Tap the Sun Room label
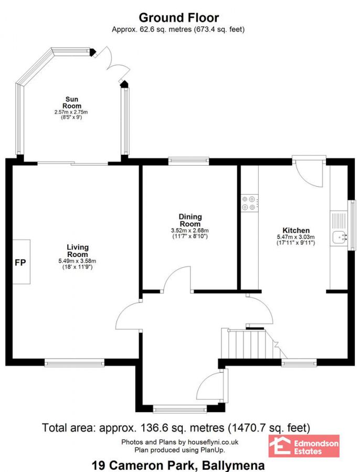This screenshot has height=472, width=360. coord(72,102)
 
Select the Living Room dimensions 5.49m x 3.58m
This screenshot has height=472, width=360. coord(77,261)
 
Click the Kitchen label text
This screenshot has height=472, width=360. coord(296,230)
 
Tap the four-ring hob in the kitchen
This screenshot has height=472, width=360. coord(249,203)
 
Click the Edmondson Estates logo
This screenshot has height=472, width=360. coord(304,446)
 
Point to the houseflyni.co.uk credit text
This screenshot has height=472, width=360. coord(179,442)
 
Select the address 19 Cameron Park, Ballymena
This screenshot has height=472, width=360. coord(178,465)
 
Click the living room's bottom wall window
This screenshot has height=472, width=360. coord(74,362)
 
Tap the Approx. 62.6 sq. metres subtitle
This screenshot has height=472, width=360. coord(178,30)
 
